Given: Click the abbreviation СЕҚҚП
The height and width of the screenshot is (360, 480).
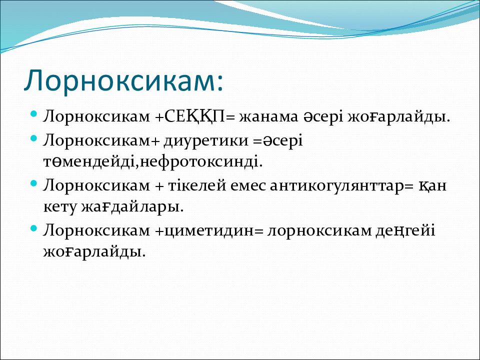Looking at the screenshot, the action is [x=194, y=117].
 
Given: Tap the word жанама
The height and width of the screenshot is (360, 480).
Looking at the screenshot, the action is [x=268, y=117].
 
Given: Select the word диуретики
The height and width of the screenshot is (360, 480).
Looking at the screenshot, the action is [x=205, y=140].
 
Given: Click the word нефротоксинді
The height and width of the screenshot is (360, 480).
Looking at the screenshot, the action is [x=198, y=162].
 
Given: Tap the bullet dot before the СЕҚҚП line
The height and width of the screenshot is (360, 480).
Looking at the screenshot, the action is [x=34, y=114].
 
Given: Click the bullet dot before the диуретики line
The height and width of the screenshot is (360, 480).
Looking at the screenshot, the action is [x=34, y=138].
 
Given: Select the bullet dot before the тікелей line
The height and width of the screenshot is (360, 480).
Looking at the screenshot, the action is [x=34, y=183].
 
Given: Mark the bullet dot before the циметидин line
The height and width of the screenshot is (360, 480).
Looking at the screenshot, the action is [x=34, y=228].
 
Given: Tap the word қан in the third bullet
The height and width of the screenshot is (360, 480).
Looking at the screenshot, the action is [x=432, y=186].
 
